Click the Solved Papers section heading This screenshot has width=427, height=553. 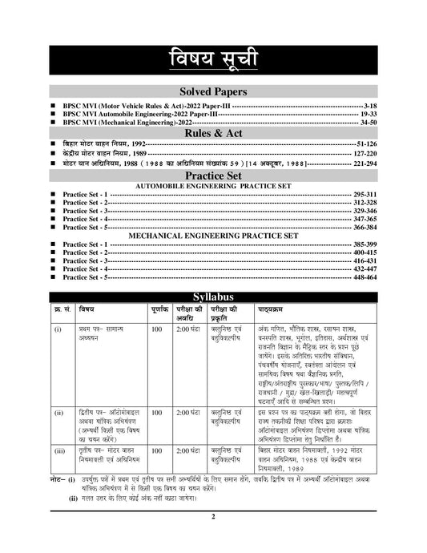pos(213,92)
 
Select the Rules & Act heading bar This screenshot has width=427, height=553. pos(213,133)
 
